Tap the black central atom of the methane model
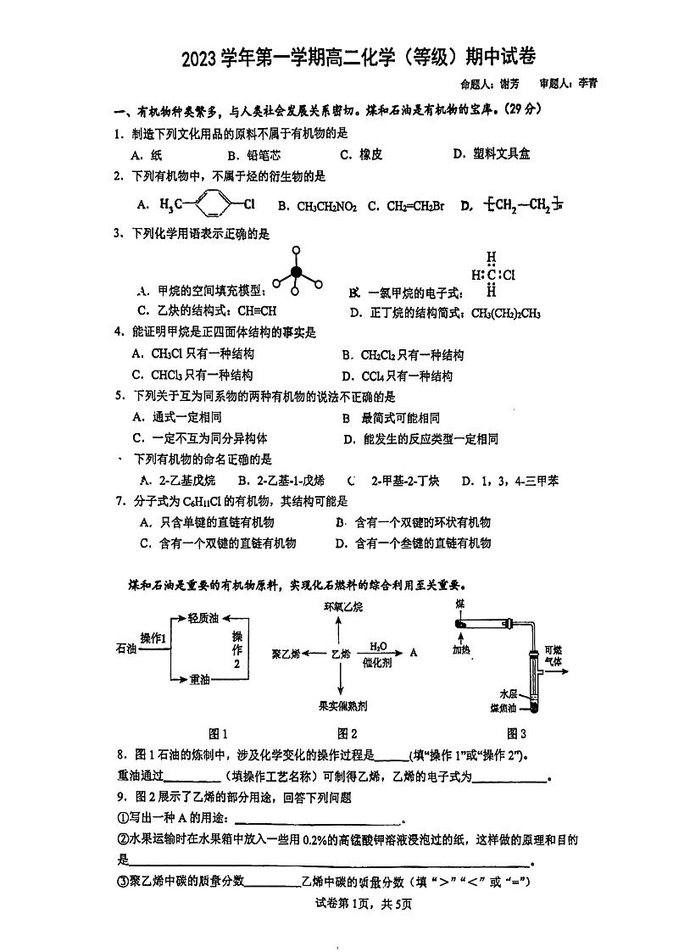point(296,272)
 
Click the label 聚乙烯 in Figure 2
point(286,654)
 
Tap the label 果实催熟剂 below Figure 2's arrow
point(342,705)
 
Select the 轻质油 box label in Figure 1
point(203,618)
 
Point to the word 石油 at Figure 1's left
point(125,649)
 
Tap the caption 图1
point(218,733)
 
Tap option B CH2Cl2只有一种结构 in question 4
point(403,355)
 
